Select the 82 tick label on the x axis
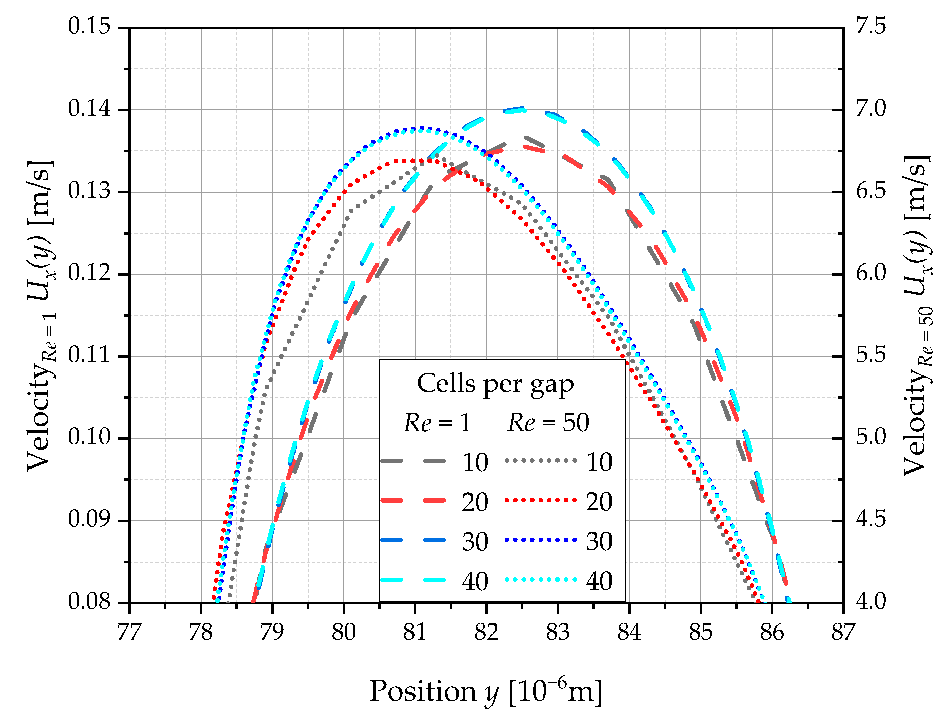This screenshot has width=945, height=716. click(x=486, y=632)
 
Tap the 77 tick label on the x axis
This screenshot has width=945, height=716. click(x=129, y=632)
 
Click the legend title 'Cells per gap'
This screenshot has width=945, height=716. click(x=495, y=384)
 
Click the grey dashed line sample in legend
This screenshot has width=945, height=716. click(x=413, y=461)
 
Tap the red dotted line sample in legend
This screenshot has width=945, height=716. click(x=541, y=500)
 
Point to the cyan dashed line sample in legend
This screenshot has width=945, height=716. click(x=413, y=580)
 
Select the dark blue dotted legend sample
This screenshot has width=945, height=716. click(x=541, y=540)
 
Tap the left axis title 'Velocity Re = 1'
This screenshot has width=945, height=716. click(x=41, y=316)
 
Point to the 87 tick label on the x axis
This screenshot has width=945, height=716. click(x=843, y=632)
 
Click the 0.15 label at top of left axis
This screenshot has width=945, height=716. click(x=89, y=27)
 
